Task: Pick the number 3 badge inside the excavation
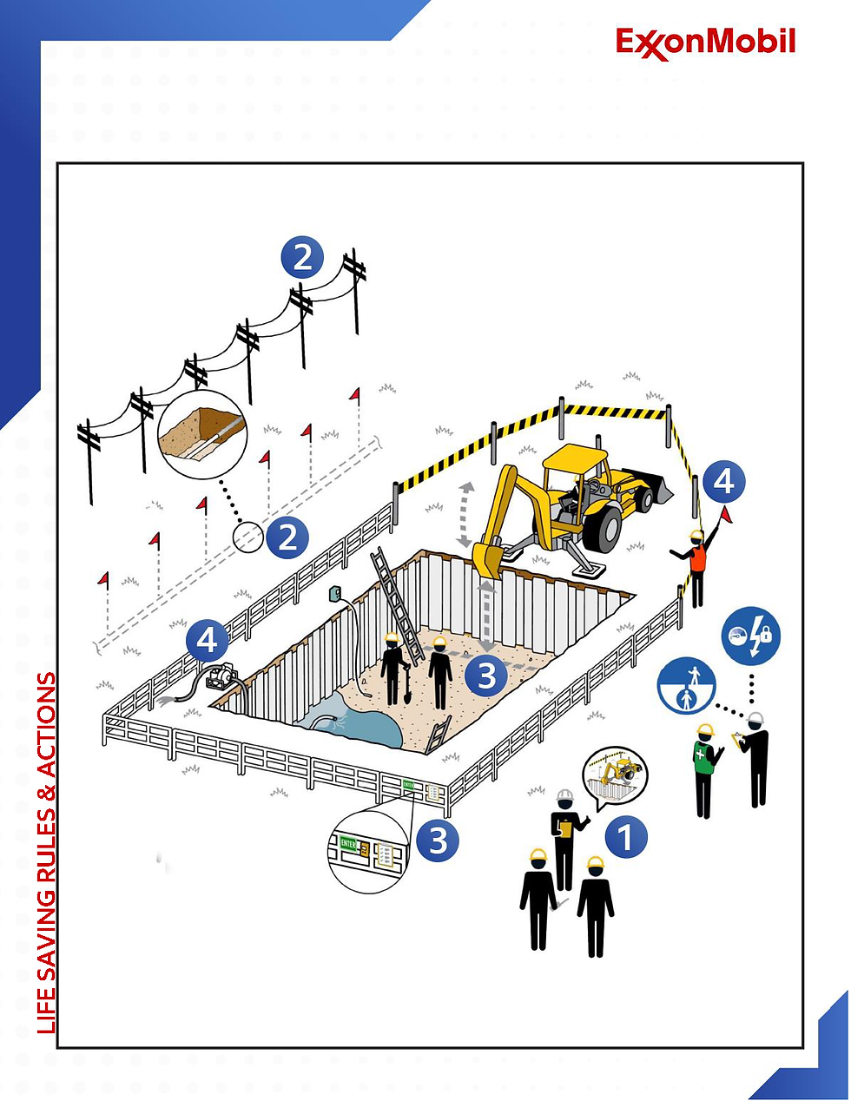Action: (x=486, y=675)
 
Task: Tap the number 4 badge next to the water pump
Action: (x=207, y=641)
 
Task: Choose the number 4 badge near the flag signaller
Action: (x=723, y=481)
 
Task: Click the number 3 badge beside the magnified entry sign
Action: (x=438, y=841)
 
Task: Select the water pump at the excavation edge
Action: (x=224, y=676)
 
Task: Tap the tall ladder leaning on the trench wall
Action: (x=397, y=599)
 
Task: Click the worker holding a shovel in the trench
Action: (x=394, y=669)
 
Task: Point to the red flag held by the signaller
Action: (x=726, y=515)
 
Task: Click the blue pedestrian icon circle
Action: (x=687, y=686)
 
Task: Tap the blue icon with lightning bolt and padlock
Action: (x=751, y=636)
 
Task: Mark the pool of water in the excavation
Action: (x=352, y=725)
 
